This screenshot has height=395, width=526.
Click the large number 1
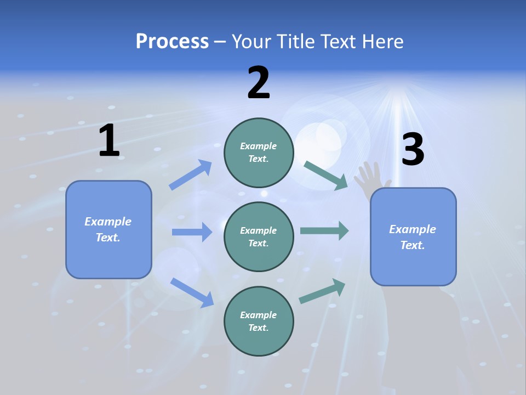click(109, 141)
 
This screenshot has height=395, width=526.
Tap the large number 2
click(259, 83)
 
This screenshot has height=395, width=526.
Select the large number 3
click(413, 150)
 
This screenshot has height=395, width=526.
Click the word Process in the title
click(172, 41)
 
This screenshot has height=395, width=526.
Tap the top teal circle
click(259, 153)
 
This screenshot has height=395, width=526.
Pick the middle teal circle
click(259, 236)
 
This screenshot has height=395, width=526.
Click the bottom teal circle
click(259, 321)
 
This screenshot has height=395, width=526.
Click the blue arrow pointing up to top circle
click(191, 175)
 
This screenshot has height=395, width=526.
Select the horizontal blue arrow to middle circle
click(192, 232)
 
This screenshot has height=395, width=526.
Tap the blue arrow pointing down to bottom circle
click(192, 292)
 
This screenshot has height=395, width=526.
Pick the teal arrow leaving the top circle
click(325, 175)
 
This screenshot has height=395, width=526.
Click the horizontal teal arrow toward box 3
click(324, 230)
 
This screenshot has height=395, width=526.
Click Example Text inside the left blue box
click(108, 229)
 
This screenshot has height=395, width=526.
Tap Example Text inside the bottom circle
click(258, 321)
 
